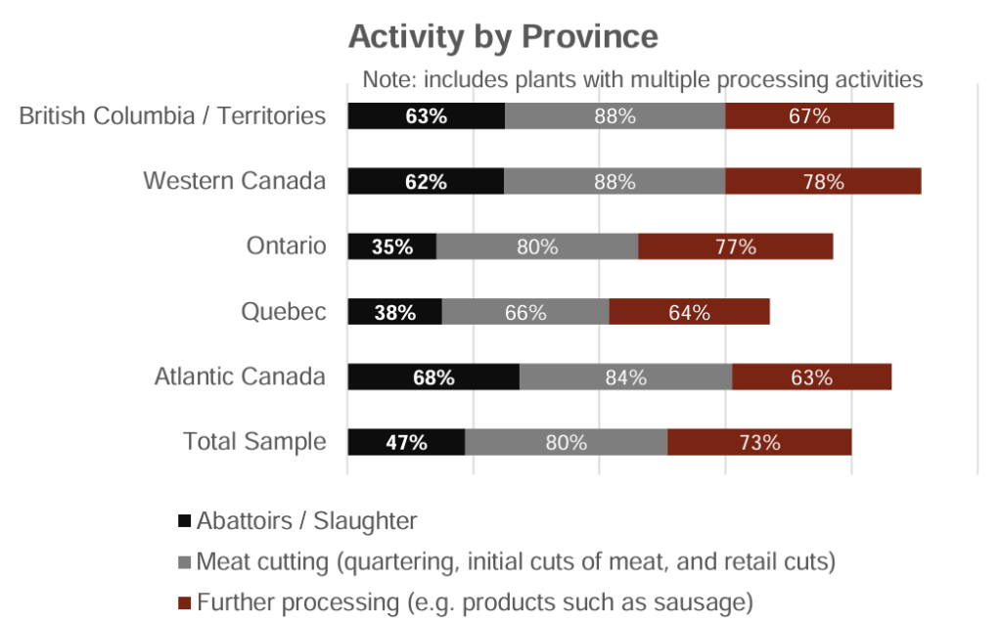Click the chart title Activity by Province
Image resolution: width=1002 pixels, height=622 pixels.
(x=503, y=37)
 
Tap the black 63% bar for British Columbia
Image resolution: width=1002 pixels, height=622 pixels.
(x=426, y=115)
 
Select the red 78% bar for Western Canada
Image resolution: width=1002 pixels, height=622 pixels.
(x=823, y=181)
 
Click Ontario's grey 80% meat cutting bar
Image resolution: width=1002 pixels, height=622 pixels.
(x=537, y=246)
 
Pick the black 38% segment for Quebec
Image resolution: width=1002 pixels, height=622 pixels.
(x=394, y=312)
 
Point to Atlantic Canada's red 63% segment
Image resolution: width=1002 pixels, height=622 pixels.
(x=811, y=377)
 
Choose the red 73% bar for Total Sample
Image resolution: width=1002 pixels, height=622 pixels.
(x=759, y=441)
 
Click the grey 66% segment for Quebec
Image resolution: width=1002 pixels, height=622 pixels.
(x=525, y=312)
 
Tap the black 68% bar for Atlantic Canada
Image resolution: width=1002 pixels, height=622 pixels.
(x=433, y=377)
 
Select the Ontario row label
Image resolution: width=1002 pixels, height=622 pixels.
(x=286, y=245)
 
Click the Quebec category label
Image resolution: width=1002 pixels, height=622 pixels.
(x=284, y=311)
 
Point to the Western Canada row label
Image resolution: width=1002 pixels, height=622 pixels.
(x=234, y=181)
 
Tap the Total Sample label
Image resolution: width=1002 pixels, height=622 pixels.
(x=254, y=441)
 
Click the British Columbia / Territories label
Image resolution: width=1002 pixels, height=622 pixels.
(x=172, y=115)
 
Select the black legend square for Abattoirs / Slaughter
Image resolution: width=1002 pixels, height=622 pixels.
(x=185, y=521)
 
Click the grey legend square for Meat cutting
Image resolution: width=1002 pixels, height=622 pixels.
(x=185, y=562)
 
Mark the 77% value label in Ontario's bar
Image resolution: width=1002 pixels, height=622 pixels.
(x=735, y=246)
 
